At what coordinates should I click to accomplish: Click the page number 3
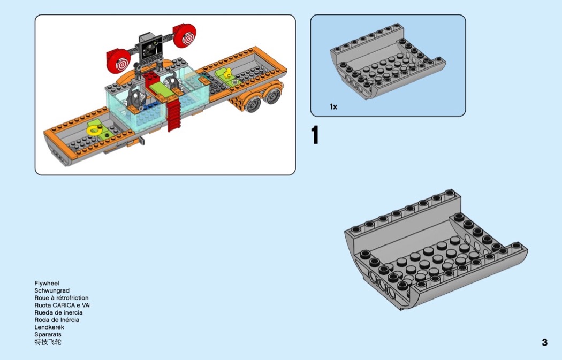point(544,342)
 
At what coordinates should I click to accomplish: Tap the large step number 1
point(315,135)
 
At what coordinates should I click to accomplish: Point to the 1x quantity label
point(333,107)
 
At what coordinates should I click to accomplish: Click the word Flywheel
point(47,283)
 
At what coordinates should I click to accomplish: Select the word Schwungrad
point(52,290)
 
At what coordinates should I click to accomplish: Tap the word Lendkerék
point(49,327)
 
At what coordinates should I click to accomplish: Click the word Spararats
point(48,334)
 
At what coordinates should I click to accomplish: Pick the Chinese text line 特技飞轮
point(48,342)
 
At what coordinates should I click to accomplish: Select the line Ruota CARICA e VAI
point(63,305)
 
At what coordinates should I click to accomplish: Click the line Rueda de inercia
point(59,312)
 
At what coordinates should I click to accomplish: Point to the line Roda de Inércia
point(57,320)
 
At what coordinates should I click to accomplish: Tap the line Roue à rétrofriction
point(62,297)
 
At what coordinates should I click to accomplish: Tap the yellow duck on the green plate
point(226,74)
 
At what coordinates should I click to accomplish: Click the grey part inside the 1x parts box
point(388,63)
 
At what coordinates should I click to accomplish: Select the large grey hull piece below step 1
point(436,251)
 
